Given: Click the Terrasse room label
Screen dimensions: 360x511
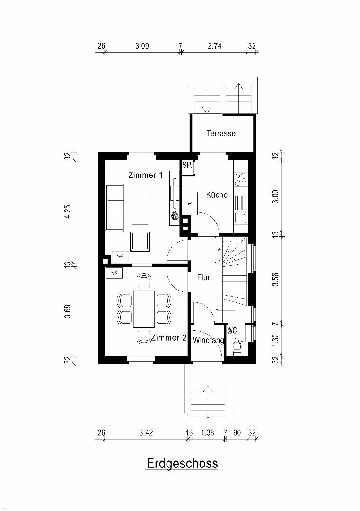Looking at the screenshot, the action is (x=221, y=133).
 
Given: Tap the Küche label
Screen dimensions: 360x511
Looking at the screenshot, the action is (x=217, y=194).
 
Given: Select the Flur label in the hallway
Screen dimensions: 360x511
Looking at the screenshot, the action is (x=203, y=277).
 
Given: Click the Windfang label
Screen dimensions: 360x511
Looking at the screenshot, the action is (x=209, y=341).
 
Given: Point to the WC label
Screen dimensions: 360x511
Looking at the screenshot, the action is (x=232, y=330).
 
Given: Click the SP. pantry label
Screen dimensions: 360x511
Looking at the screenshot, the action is (x=187, y=165).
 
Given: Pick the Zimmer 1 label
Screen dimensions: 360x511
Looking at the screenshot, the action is (x=145, y=175).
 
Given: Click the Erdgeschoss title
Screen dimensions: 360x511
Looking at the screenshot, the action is (x=182, y=463).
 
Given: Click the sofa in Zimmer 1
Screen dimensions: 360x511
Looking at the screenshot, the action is (x=114, y=208).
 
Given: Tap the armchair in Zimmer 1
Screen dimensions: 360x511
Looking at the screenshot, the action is (x=140, y=241).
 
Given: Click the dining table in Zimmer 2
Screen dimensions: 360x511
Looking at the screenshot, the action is (x=144, y=308).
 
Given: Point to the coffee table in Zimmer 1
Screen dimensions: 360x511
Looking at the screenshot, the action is (x=140, y=210).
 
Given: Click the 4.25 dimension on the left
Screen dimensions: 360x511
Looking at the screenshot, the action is (x=68, y=212).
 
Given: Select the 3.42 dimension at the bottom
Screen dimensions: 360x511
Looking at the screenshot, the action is (x=146, y=433).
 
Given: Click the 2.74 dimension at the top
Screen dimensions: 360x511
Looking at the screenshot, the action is (x=215, y=46).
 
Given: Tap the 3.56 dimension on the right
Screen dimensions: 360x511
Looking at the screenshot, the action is (x=276, y=279).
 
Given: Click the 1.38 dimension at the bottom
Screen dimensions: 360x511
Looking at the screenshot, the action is (x=208, y=433).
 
